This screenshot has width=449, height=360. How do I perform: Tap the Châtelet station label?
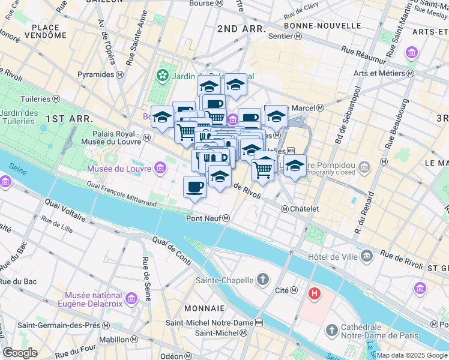300,209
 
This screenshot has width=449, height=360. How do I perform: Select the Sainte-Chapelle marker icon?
263,279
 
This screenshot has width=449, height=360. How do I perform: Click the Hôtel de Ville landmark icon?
367,257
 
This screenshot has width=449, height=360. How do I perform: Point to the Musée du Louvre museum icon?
160,169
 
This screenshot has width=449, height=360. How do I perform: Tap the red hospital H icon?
313,293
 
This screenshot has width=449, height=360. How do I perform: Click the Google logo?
20,353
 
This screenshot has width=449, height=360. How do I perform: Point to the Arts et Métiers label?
384,73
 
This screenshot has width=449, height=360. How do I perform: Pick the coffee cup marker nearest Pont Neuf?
194,187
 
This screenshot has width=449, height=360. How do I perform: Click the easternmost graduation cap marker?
295,166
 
